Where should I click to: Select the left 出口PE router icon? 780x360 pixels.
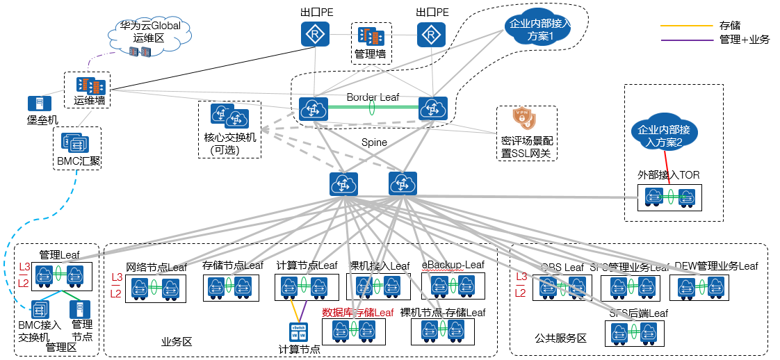(x=315, y=34)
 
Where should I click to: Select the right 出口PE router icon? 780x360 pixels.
(x=431, y=34)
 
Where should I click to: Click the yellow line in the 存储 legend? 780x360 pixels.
(x=685, y=26)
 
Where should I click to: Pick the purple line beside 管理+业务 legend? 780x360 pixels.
(x=685, y=40)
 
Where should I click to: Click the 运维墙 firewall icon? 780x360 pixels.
(x=90, y=86)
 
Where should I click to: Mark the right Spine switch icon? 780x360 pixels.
(x=402, y=184)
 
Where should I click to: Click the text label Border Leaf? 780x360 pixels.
(x=373, y=97)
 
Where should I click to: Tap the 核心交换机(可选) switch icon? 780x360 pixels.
(x=229, y=117)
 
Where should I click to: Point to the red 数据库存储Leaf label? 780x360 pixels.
(x=357, y=313)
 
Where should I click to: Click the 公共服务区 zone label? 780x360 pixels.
(x=560, y=338)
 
